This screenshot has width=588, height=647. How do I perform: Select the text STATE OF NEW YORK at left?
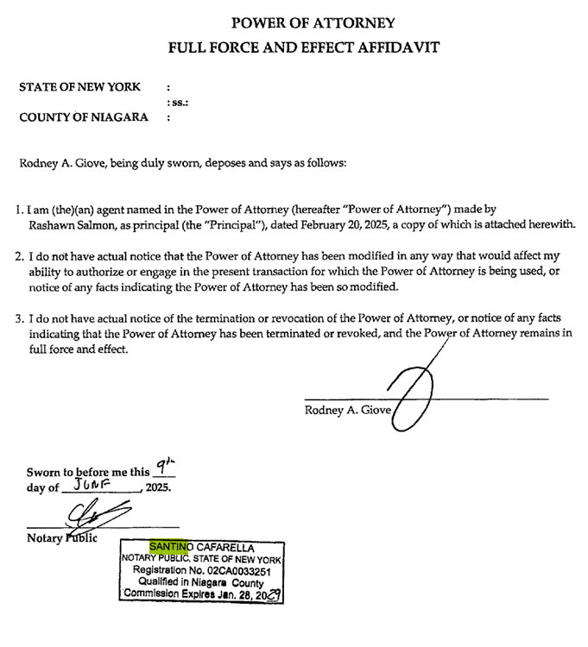tap(79, 87)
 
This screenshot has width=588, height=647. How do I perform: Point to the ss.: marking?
tap(177, 103)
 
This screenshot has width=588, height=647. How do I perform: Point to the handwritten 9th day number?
tap(161, 466)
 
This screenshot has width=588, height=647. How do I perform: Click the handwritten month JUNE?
tap(96, 486)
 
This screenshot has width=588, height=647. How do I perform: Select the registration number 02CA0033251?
tap(244, 570)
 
